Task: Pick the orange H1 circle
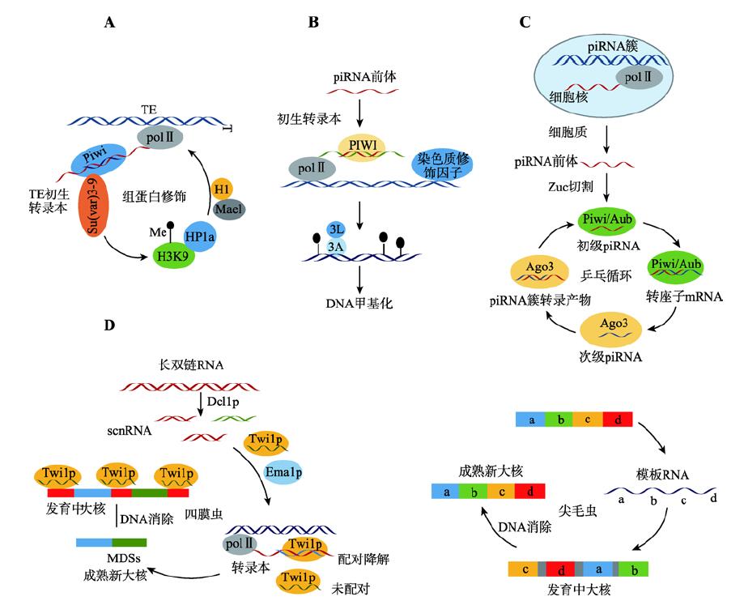[x=222, y=190]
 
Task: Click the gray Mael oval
[x=228, y=209]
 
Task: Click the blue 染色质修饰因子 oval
[x=442, y=164]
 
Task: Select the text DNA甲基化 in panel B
[x=359, y=303]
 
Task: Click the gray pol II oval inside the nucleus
[x=639, y=77]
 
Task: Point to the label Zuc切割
[x=570, y=186]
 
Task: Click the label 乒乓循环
[x=606, y=275]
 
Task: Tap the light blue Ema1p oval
[x=283, y=472]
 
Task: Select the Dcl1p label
[x=223, y=402]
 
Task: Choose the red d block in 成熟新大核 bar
[x=529, y=491]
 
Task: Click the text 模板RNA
[x=662, y=474]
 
